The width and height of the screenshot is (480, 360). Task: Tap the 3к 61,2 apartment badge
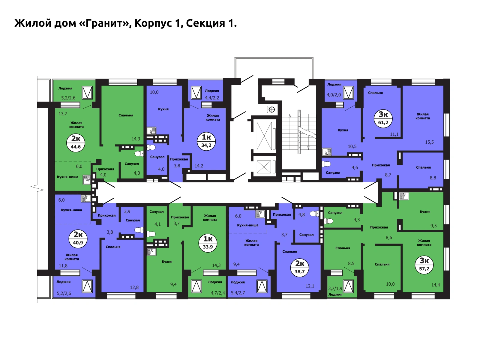point(383,118)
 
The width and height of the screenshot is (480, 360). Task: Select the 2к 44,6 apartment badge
point(76,143)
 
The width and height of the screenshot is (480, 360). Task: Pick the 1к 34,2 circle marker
point(206,141)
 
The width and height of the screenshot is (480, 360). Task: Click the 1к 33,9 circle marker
point(208,243)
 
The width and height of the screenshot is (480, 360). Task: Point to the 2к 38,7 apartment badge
point(300,268)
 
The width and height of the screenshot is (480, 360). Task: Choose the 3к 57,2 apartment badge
point(424,265)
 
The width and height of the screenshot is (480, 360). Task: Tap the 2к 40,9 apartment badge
point(78,238)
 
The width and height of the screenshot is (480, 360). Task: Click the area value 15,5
point(429,142)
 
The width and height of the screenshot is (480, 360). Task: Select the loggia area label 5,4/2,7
point(238,293)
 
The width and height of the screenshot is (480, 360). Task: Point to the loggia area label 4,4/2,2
point(212,98)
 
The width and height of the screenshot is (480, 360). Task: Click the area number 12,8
point(134,287)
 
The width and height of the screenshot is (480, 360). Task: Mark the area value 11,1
point(394,134)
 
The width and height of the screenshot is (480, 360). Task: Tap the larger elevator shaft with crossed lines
point(264,136)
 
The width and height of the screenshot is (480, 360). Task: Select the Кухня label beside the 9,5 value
point(425,211)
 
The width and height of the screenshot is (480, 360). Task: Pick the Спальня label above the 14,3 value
point(126,115)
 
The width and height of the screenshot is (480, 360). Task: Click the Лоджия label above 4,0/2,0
point(334,84)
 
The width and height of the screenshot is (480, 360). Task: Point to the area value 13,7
point(63,114)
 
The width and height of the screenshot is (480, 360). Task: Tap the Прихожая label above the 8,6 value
point(379,227)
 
